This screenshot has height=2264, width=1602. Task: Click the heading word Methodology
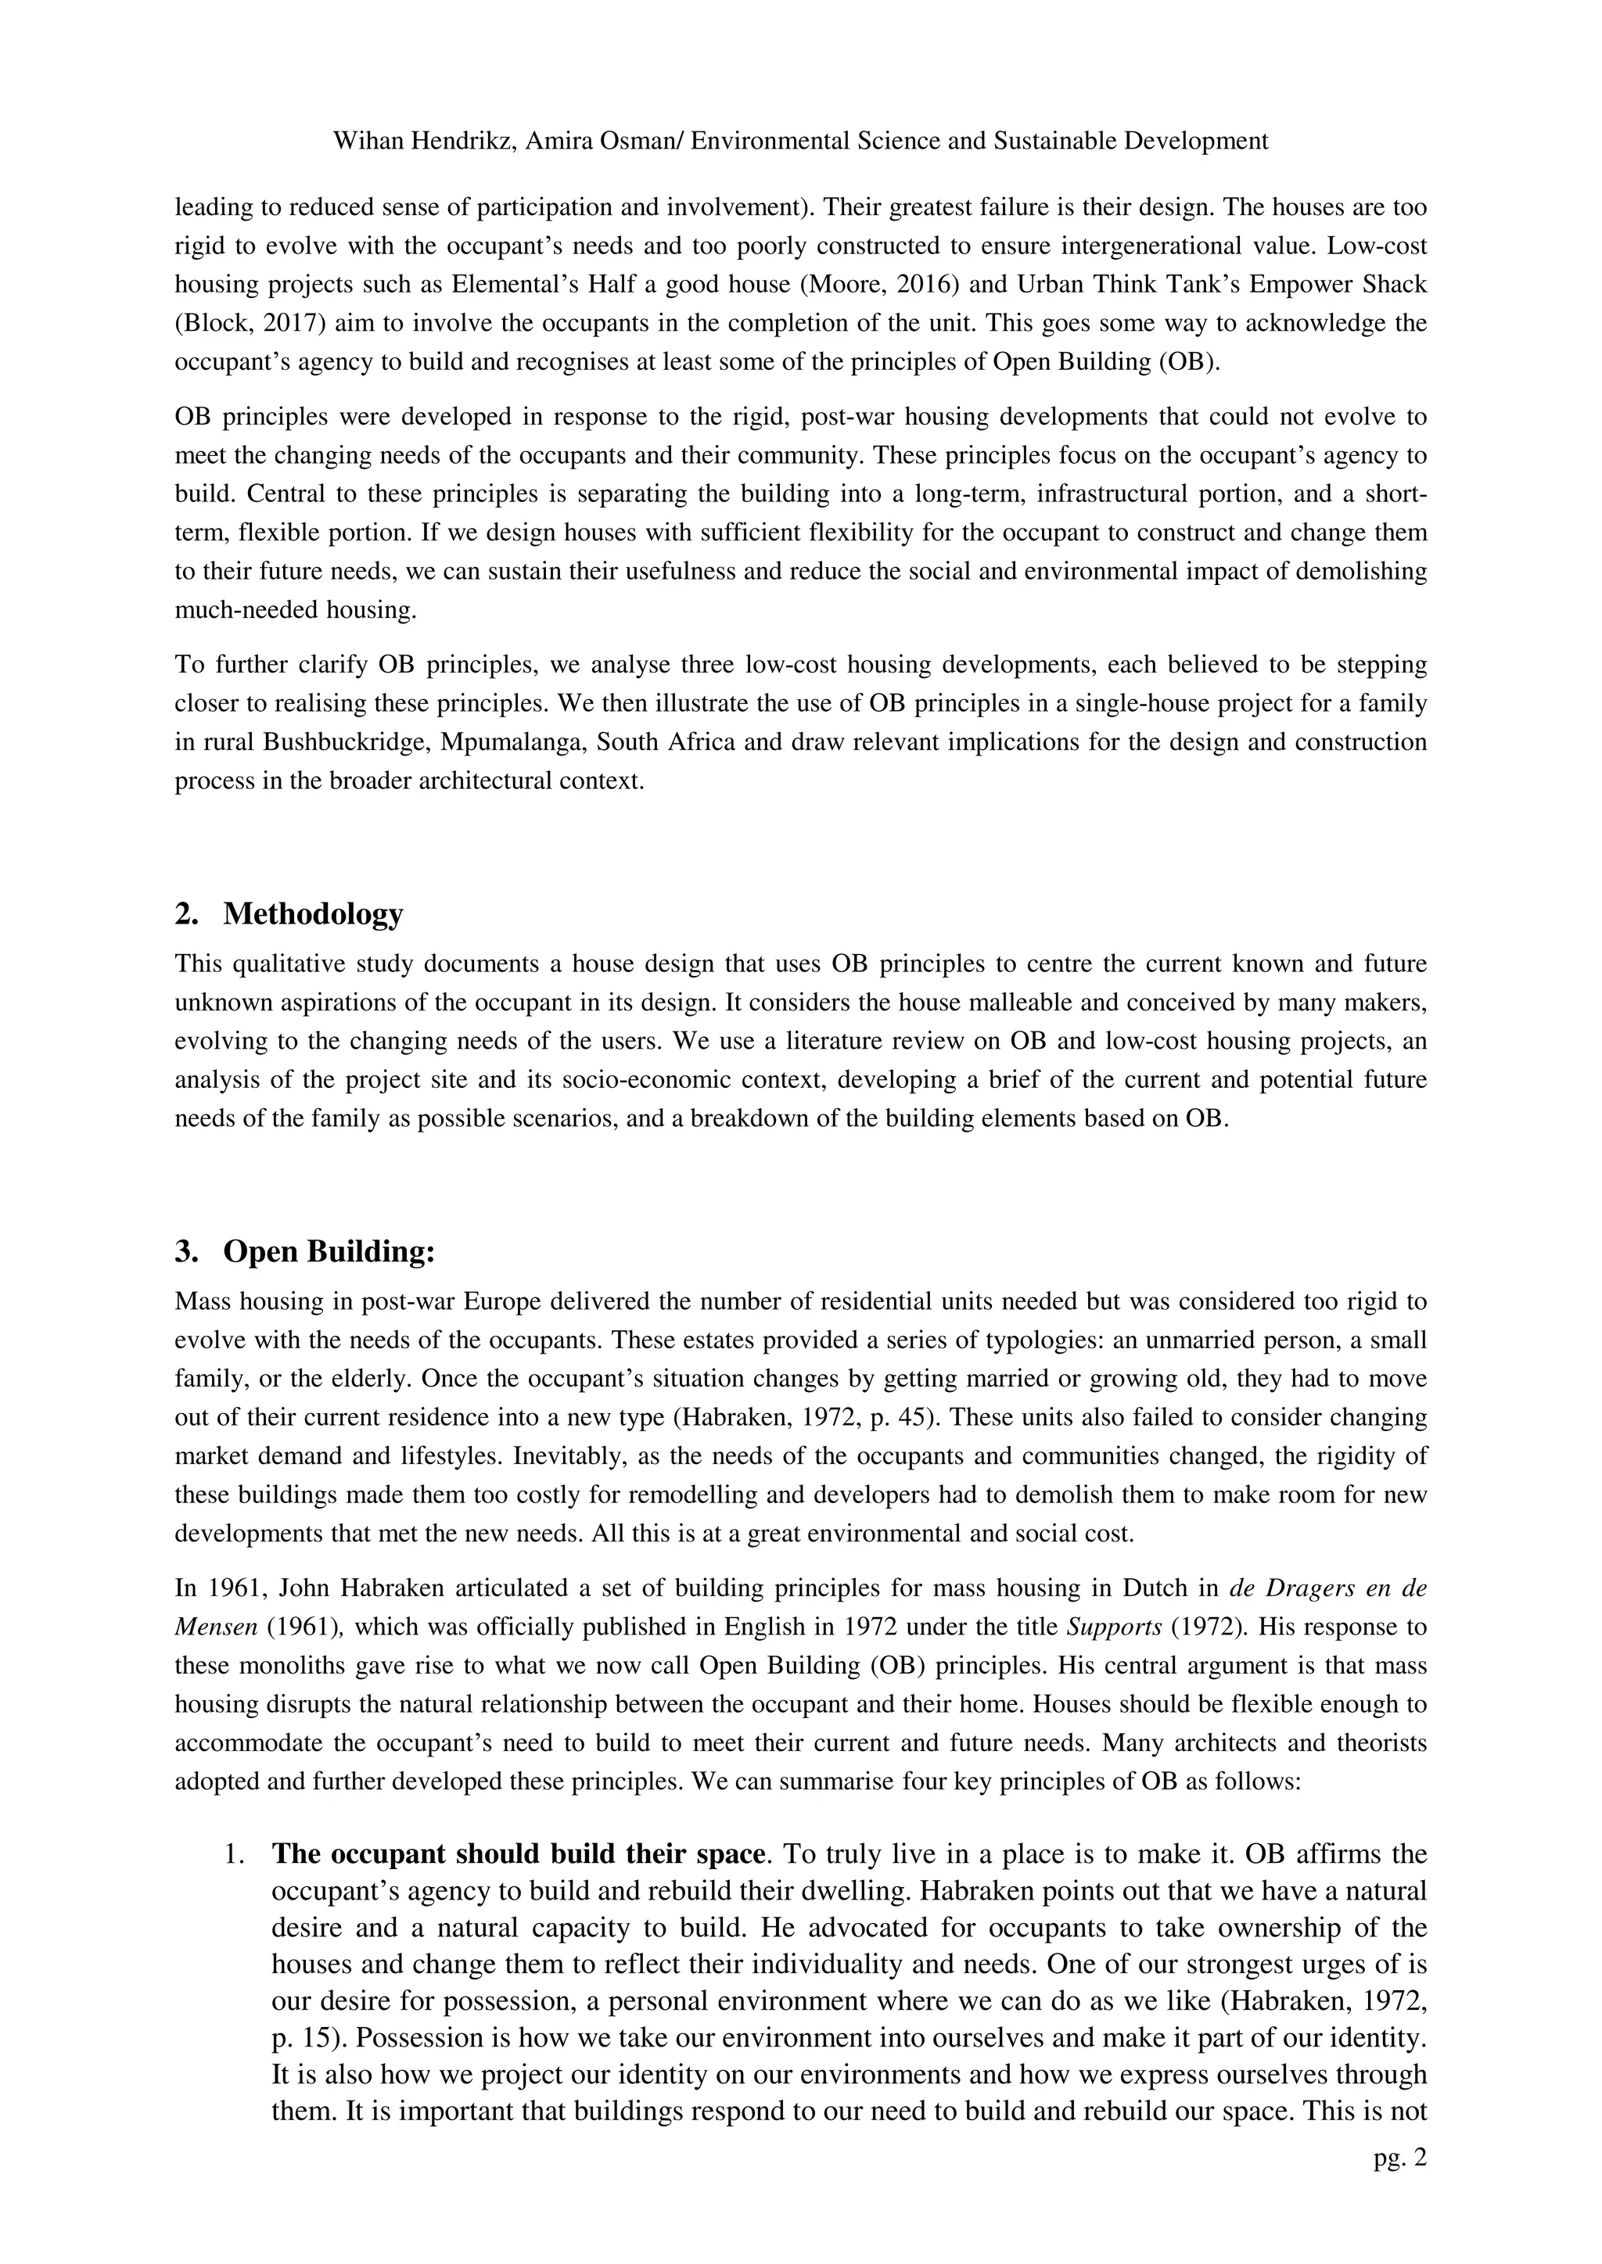coord(313,913)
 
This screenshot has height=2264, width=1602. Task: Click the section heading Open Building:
coord(329,1251)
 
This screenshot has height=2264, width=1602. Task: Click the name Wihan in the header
coord(365,141)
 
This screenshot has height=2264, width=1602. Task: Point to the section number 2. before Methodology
coord(186,913)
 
